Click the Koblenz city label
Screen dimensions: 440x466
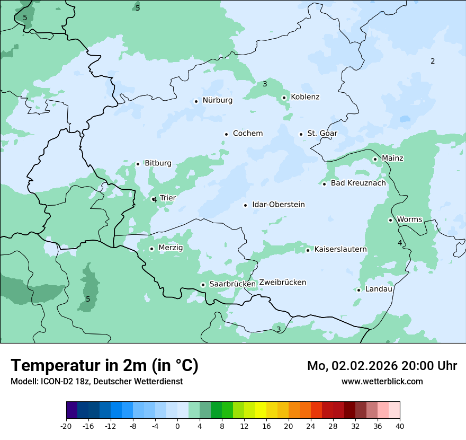click(305, 97)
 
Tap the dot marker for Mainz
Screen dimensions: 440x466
click(375, 159)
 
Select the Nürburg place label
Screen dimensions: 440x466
click(217, 100)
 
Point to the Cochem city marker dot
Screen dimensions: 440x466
click(226, 134)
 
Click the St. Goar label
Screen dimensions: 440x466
click(322, 134)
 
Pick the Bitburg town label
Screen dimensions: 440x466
click(158, 163)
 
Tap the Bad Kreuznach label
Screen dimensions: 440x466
click(358, 183)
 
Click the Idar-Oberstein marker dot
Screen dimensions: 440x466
click(245, 205)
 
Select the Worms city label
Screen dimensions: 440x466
click(409, 219)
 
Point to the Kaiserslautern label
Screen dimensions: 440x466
click(340, 249)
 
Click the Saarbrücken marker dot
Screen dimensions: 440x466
click(203, 285)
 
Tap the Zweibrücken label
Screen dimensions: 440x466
click(282, 283)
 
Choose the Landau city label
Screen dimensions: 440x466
click(379, 289)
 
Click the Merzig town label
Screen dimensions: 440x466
click(171, 248)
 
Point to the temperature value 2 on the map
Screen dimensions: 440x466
click(433, 61)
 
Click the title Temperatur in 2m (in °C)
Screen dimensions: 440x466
click(104, 366)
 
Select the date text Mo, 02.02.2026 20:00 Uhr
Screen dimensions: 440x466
click(382, 366)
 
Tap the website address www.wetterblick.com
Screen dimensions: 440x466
click(382, 381)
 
